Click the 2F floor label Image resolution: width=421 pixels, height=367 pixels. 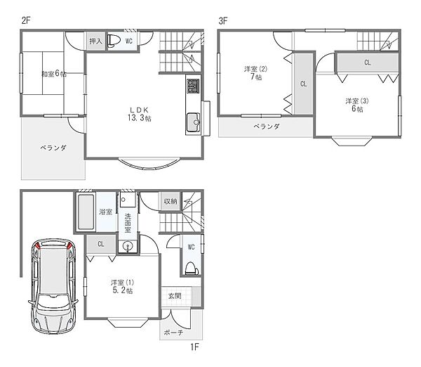pyautogui.click(x=26, y=20)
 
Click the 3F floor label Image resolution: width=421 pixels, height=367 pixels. pyautogui.click(x=223, y=20)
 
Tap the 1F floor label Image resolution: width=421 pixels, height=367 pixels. pyautogui.click(x=194, y=347)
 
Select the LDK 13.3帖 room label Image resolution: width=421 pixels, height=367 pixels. pyautogui.click(x=140, y=114)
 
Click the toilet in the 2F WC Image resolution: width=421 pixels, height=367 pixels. pyautogui.click(x=113, y=41)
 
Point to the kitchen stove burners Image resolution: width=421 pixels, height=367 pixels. pyautogui.click(x=193, y=86)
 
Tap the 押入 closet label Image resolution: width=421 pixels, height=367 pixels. pyautogui.click(x=95, y=41)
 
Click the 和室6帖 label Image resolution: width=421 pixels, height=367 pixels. pyautogui.click(x=54, y=73)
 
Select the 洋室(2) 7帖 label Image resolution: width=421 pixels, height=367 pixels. pyautogui.click(x=255, y=73)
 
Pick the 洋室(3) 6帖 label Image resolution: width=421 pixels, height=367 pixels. pyautogui.click(x=357, y=105)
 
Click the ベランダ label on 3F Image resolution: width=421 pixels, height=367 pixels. pyautogui.click(x=267, y=126)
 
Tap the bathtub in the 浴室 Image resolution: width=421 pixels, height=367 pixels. pyautogui.click(x=86, y=212)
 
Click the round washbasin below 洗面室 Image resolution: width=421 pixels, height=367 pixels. pyautogui.click(x=128, y=246)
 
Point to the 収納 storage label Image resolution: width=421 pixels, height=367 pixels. pyautogui.click(x=171, y=201)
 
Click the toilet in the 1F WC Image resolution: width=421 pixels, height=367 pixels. pyautogui.click(x=192, y=269)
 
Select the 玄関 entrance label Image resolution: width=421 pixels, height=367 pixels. pyautogui.click(x=175, y=296)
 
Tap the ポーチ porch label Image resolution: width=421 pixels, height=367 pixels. pyautogui.click(x=173, y=333)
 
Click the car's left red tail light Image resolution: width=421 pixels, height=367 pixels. pyautogui.click(x=36, y=245)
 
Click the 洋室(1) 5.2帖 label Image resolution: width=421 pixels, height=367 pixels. pyautogui.click(x=122, y=287)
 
